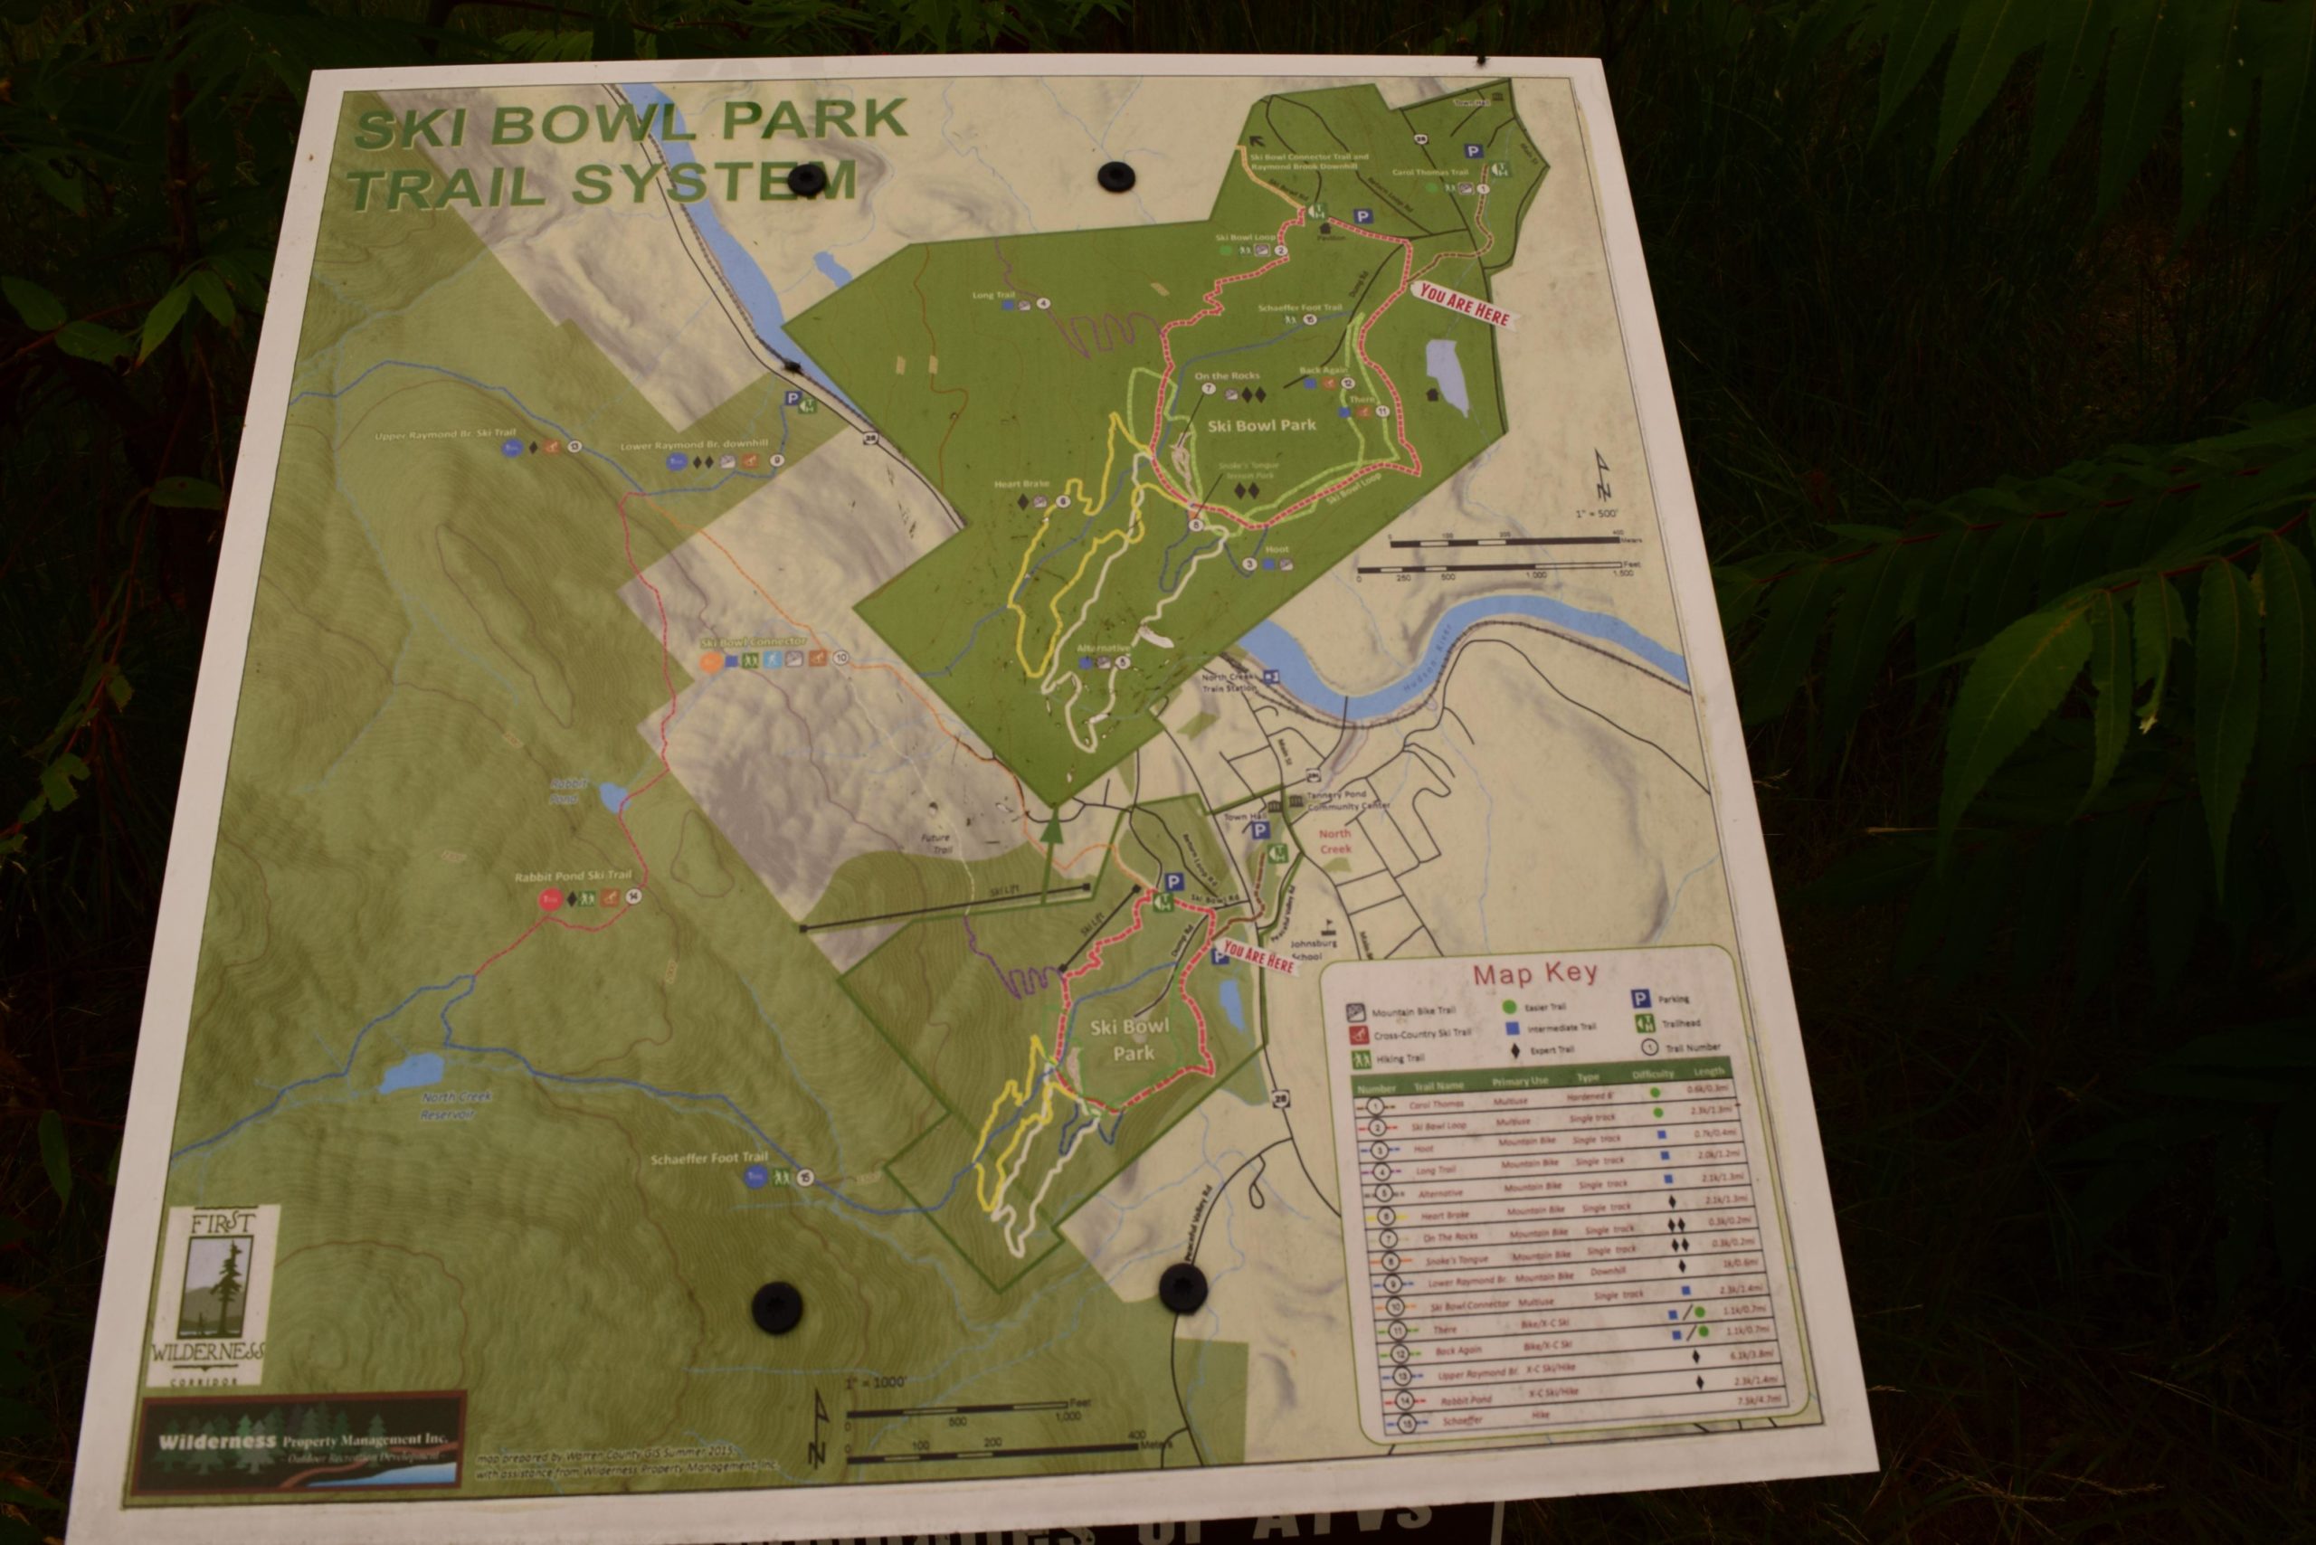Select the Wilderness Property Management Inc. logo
pyautogui.click(x=301, y=1442)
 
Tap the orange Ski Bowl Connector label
pyautogui.click(x=752, y=641)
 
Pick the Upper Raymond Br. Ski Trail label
pyautogui.click(x=445, y=433)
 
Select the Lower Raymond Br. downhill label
pyautogui.click(x=694, y=444)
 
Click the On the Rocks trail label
pyautogui.click(x=1226, y=376)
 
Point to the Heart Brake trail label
pyautogui.click(x=1021, y=484)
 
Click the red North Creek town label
pyautogui.click(x=1335, y=840)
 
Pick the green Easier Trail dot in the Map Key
pyautogui.click(x=1507, y=1007)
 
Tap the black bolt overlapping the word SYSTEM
pyautogui.click(x=806, y=177)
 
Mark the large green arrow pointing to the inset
pyautogui.click(x=1052, y=828)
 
